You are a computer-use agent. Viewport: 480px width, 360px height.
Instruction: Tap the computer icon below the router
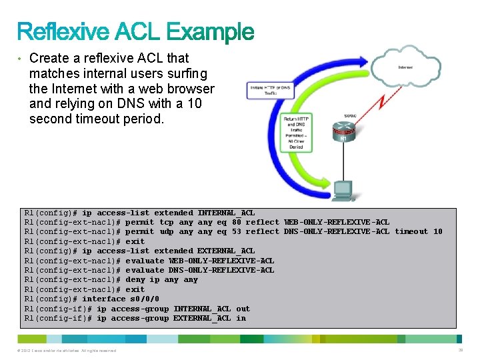pos(343,189)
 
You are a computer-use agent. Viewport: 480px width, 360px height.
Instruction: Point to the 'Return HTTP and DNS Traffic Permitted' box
pos(297,133)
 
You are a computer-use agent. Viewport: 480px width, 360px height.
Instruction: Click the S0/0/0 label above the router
pos(350,115)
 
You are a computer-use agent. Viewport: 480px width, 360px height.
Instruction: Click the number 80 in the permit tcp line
pos(237,222)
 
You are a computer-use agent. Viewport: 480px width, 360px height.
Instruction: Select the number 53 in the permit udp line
pos(237,231)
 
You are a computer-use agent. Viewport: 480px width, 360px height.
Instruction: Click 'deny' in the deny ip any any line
pos(135,279)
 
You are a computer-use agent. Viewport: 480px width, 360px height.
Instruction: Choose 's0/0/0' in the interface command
pos(145,299)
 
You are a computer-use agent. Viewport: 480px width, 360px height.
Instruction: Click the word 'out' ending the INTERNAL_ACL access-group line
pos(243,309)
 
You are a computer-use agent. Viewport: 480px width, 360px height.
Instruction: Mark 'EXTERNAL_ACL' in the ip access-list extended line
pos(226,251)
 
